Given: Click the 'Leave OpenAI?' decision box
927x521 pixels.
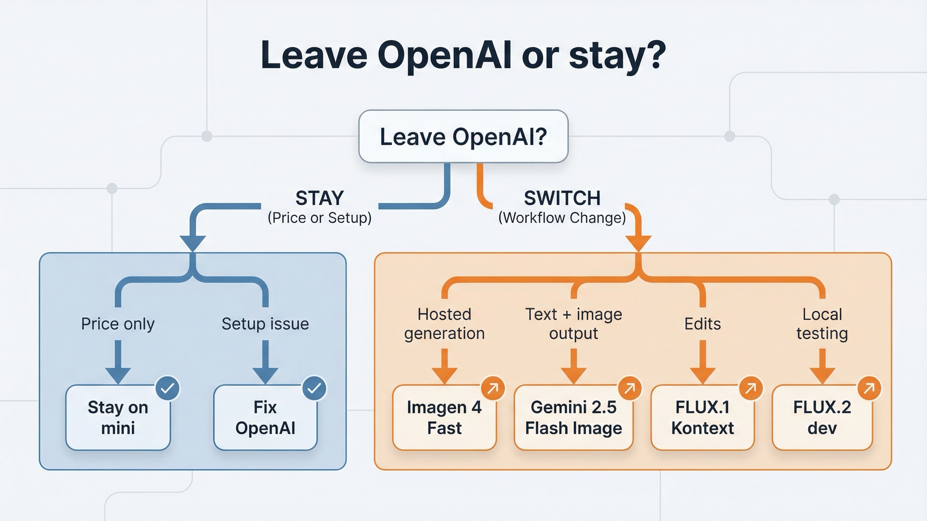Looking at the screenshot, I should click(x=463, y=137).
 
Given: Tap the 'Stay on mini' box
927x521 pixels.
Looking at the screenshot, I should click(x=118, y=418).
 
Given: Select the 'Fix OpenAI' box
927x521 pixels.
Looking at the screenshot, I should click(x=265, y=418).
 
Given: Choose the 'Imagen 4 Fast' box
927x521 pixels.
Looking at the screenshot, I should click(x=444, y=418).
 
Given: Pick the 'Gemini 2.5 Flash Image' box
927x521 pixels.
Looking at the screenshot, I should click(x=574, y=418).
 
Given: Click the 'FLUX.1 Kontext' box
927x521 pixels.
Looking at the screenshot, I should click(x=702, y=418).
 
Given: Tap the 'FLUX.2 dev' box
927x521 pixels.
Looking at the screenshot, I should click(x=822, y=418).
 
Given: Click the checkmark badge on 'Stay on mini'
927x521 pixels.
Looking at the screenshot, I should click(x=168, y=388).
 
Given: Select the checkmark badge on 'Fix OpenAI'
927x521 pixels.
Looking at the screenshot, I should click(x=314, y=388).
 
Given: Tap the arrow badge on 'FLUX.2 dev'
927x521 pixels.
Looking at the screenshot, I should click(x=869, y=388).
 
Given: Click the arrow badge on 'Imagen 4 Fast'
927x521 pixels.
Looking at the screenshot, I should click(x=493, y=388).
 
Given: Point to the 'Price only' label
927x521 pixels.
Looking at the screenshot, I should click(x=118, y=324).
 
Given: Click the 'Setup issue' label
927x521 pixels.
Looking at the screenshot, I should click(x=265, y=324).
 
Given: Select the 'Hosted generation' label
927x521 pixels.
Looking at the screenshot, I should click(x=444, y=324).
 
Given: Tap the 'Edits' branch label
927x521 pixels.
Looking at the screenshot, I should click(x=702, y=324).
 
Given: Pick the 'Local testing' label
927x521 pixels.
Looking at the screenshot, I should click(x=822, y=324).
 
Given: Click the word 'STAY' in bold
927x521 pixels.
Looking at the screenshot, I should click(x=319, y=198).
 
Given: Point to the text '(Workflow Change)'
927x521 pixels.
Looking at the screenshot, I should click(x=562, y=218).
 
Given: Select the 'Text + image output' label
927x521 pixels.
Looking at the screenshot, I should click(x=574, y=324).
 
